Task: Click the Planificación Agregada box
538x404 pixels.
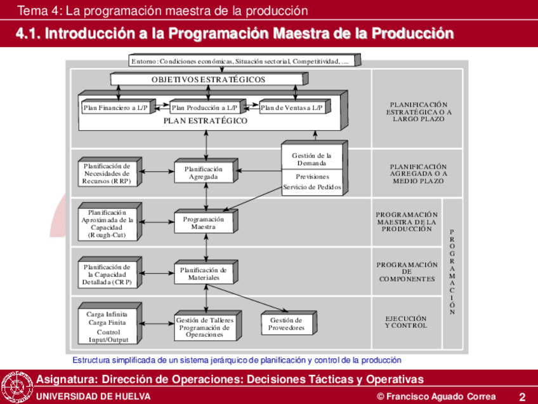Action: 204,173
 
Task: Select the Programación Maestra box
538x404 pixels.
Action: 204,223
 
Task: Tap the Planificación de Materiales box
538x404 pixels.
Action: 204,274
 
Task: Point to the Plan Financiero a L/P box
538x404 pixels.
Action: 115,108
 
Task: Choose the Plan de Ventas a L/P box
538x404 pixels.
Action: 291,108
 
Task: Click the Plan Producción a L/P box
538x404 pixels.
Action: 205,108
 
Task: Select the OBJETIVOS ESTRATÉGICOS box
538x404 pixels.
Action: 208,80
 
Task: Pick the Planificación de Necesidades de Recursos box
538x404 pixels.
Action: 107,173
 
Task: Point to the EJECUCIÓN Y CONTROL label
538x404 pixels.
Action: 406,322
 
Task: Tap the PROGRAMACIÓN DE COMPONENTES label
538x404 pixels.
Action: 407,272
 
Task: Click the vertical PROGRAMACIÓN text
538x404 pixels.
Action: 452,273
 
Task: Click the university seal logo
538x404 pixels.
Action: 16,386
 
